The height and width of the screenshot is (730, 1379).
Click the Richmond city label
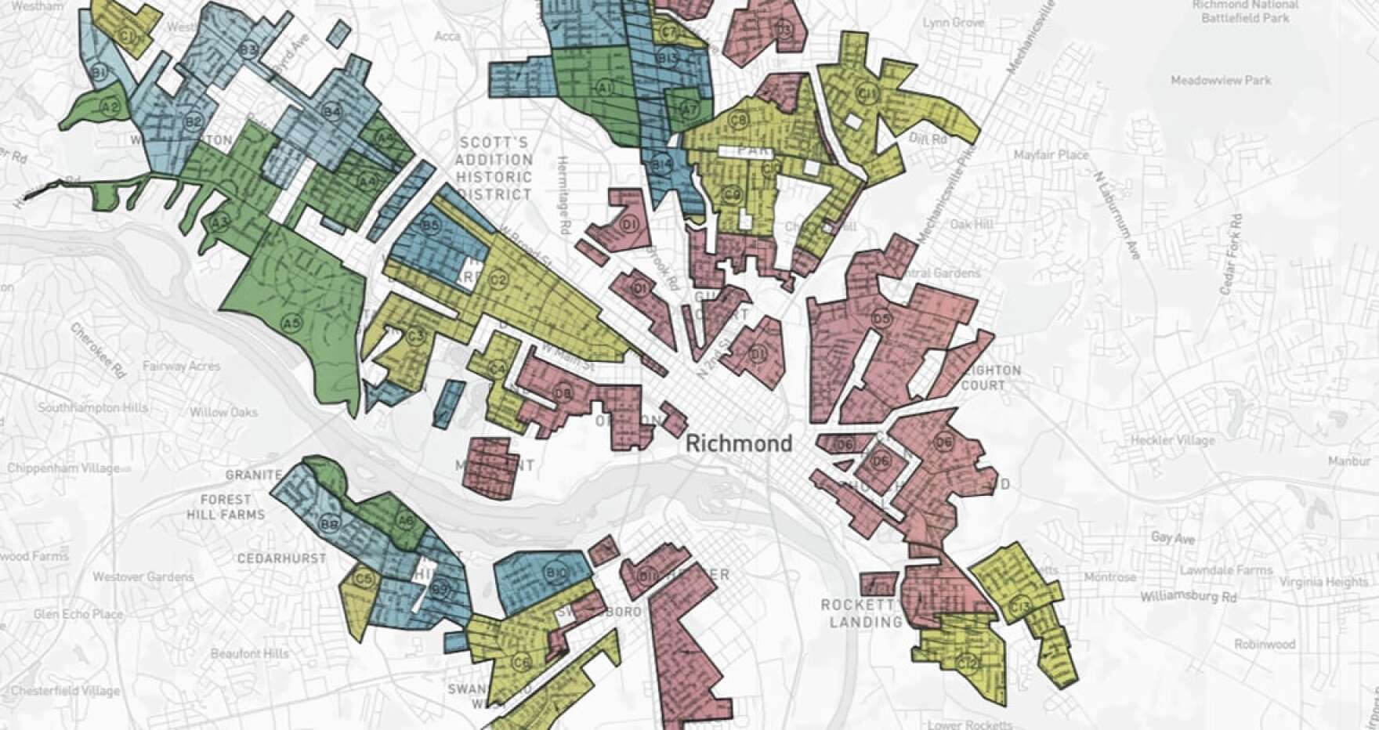[738, 444]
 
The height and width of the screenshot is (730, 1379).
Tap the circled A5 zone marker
[291, 323]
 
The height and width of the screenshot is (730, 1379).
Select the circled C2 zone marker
[498, 280]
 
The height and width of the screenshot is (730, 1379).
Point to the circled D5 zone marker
[881, 319]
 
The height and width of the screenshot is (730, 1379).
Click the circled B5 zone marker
[430, 226]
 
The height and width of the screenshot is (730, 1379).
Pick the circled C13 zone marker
[1021, 605]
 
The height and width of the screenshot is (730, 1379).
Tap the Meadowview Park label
[1221, 81]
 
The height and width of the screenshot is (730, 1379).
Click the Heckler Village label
[1172, 440]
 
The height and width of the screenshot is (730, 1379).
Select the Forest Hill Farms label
[226, 507]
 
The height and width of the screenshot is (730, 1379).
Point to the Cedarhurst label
[281, 558]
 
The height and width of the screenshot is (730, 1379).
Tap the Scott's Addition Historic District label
[495, 168]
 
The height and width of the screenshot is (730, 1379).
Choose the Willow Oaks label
[223, 412]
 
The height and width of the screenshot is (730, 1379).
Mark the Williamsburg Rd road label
[1188, 597]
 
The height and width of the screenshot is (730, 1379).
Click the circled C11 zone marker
[867, 94]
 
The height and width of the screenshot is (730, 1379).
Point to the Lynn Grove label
[954, 23]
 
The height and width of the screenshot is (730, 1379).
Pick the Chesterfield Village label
[66, 691]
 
